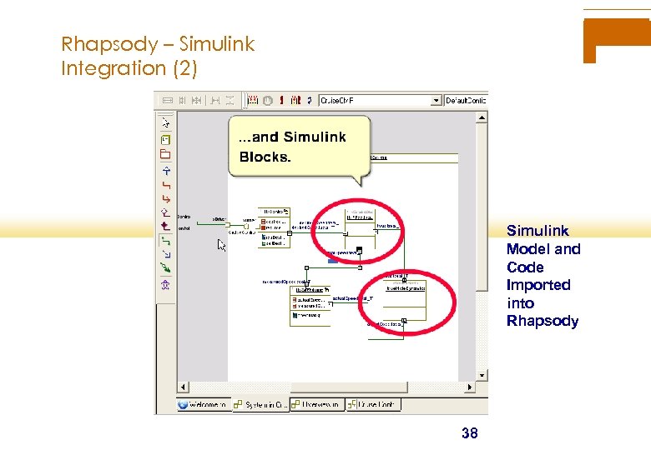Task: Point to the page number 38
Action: tap(470, 432)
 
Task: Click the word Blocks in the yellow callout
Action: tap(265, 157)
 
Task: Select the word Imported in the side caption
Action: tap(538, 285)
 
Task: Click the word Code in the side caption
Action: tap(525, 267)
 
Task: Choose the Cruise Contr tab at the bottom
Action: tap(375, 404)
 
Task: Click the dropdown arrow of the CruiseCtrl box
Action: tap(435, 100)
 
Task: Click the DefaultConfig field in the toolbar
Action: tap(466, 100)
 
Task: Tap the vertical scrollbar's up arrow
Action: tap(482, 117)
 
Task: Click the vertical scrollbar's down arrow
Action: tap(482, 376)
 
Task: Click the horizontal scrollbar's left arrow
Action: tap(180, 387)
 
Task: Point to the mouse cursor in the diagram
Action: tap(221, 244)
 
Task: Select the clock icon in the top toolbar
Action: tap(268, 100)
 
